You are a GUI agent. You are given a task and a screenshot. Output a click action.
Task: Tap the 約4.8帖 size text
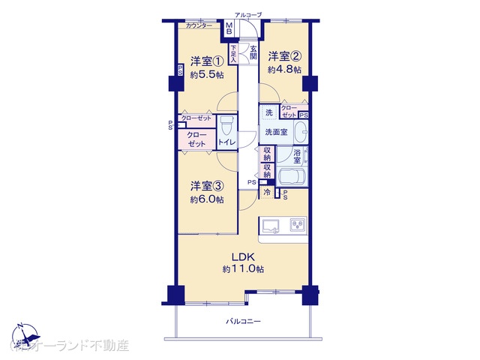pyautogui.click(x=284, y=70)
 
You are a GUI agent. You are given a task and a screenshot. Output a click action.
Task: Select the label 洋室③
pyautogui.click(x=206, y=186)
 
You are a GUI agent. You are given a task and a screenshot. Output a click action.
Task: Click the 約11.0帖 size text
pyautogui.click(x=241, y=268)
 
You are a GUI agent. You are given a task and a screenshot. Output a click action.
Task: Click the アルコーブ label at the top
pyautogui.click(x=247, y=15)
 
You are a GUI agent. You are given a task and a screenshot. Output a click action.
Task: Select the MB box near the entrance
pyautogui.click(x=229, y=28)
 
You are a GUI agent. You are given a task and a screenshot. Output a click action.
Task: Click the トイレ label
pyautogui.click(x=226, y=141)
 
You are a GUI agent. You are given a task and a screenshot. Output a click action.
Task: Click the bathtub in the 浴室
pyautogui.click(x=292, y=178)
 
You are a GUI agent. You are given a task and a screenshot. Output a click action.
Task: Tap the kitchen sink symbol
pyautogui.click(x=271, y=224)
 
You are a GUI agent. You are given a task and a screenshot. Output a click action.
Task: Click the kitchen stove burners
pyautogui.click(x=296, y=224)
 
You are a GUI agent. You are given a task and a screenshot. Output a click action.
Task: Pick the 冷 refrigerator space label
pyautogui.click(x=267, y=193)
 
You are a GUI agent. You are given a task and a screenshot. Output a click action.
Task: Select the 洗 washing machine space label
pyautogui.click(x=269, y=114)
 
